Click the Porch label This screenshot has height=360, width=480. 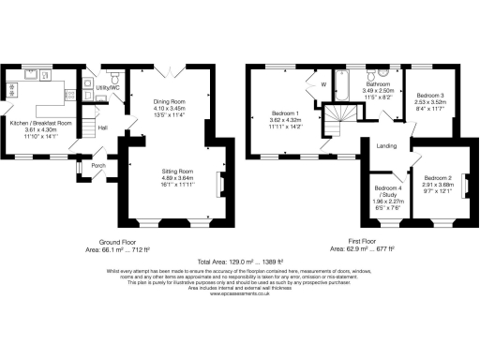tap(98, 167)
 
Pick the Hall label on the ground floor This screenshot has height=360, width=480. tap(103, 127)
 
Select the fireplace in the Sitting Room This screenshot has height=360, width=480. tap(220, 182)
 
